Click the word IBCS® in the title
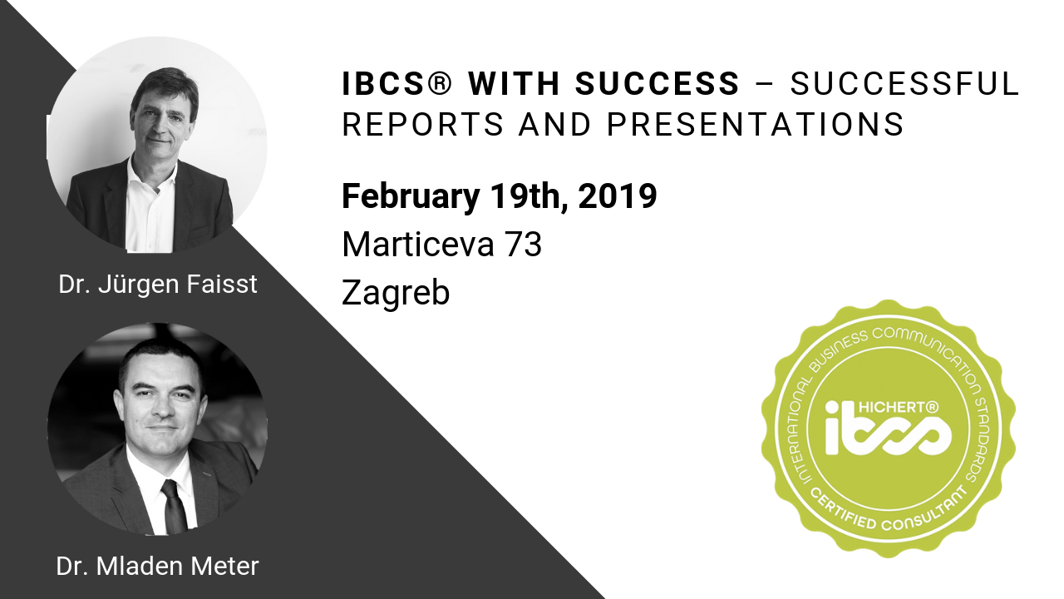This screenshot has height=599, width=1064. point(397,84)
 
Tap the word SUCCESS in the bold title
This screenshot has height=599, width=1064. point(658,84)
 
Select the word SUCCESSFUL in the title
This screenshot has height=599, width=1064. point(904,84)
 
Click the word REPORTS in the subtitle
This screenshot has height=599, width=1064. point(423,125)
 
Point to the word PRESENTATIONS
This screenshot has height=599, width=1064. point(756,125)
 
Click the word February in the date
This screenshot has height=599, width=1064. point(411,197)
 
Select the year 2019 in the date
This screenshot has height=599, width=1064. point(618,196)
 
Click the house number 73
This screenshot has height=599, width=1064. point(524,245)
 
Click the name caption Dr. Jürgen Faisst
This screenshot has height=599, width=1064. point(158,285)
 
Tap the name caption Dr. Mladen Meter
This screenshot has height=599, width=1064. point(157,567)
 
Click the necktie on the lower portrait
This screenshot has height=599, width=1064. point(174,507)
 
